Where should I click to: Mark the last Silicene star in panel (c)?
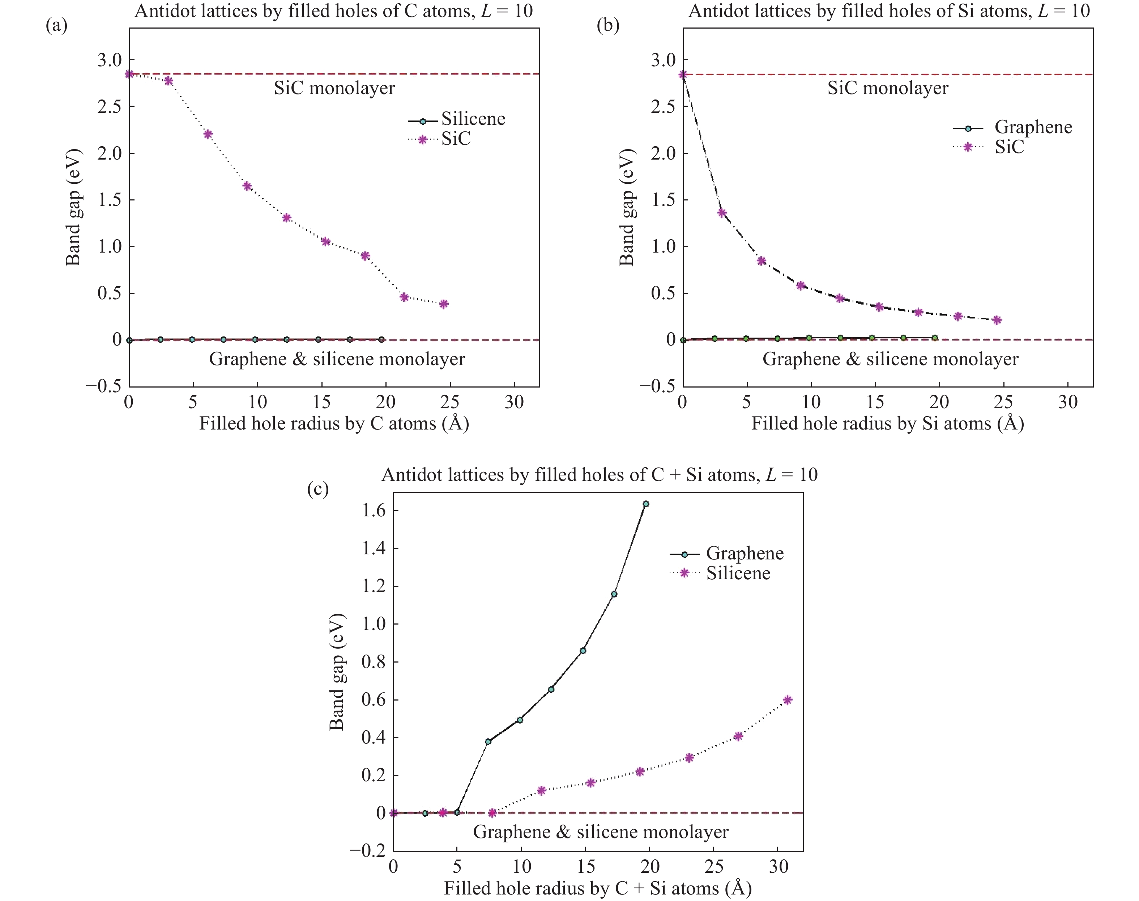(788, 700)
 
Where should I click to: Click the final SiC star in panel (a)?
(444, 304)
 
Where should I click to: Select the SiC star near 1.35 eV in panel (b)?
(722, 213)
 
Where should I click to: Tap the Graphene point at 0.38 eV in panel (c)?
(488, 742)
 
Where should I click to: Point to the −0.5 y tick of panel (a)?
(103, 386)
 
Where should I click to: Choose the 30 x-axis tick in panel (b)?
(1068, 402)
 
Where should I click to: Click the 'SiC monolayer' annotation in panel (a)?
(334, 88)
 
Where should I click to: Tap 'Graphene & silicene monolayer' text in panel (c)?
(600, 832)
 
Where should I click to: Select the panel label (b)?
(608, 25)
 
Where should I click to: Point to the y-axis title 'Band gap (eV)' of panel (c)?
(337, 672)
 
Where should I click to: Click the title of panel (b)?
(889, 10)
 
